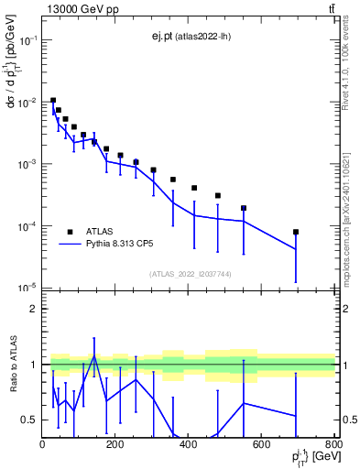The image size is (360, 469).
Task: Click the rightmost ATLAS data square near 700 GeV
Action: [296, 232]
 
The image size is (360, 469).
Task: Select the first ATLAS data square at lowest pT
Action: [53, 100]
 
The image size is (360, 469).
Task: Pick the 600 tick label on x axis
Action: [261, 444]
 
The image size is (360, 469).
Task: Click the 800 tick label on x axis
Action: [333, 444]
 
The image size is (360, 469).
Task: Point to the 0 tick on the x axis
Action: [43, 444]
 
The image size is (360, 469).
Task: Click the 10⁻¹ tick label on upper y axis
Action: [27, 41]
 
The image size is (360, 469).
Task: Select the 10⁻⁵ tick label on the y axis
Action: [27, 289]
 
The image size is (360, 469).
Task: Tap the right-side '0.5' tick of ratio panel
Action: [348, 420]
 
